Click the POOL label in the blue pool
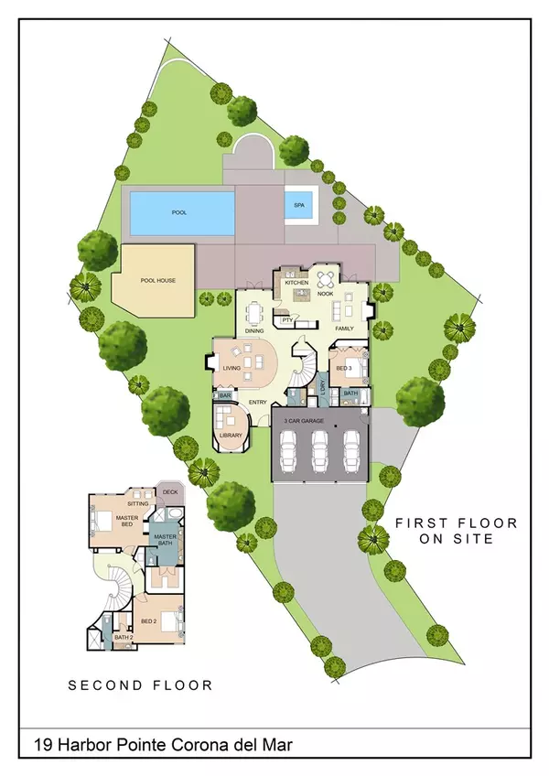point(178,212)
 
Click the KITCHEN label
point(296,284)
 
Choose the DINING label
point(254,330)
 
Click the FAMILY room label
point(345,328)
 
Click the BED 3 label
point(342,368)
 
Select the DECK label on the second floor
point(170,492)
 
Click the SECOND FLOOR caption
point(141,684)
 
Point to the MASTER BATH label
point(165,540)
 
